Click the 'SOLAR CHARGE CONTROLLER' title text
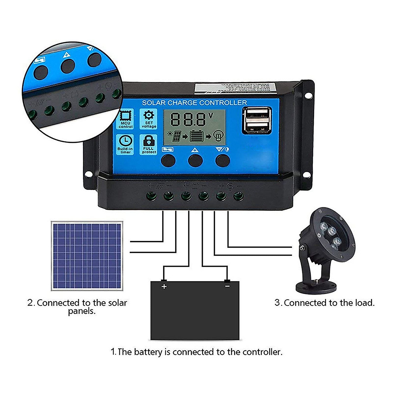point(194,103)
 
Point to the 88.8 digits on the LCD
point(188,120)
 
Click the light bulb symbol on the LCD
point(218,136)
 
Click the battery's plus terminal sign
point(164,287)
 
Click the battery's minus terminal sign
point(227,286)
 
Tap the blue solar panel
point(87,256)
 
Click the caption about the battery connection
point(196,352)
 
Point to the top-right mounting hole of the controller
point(308,95)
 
